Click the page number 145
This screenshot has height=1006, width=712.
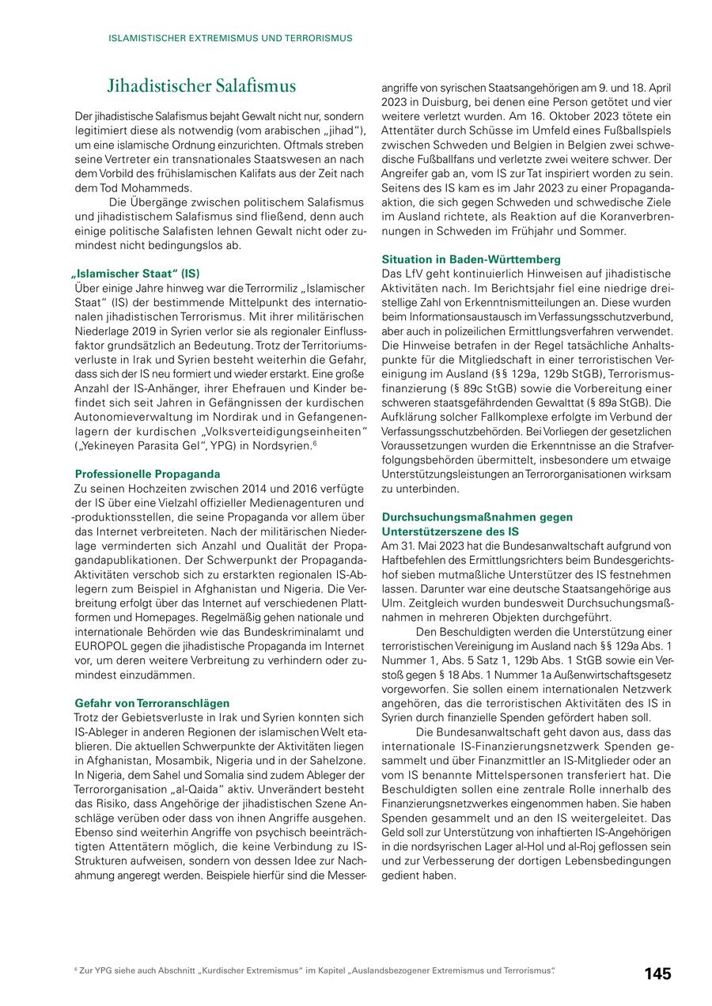click(x=657, y=974)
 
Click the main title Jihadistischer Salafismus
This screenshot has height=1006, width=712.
click(x=202, y=86)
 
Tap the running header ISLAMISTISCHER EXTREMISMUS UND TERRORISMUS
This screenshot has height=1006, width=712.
click(x=231, y=38)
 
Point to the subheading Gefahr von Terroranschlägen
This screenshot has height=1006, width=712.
click(x=152, y=702)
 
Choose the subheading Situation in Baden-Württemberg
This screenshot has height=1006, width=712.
click(x=471, y=259)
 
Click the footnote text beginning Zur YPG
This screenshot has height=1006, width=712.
click(x=316, y=970)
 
